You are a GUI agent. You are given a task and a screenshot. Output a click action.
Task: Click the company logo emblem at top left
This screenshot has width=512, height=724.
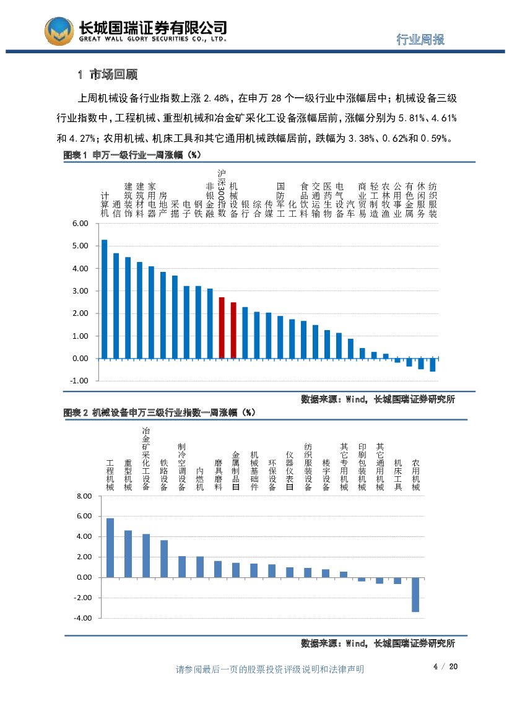click(59, 31)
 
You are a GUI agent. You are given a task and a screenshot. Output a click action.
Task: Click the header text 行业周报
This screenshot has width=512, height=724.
click(420, 40)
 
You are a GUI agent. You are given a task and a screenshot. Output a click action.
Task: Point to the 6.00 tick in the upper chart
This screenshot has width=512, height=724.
click(80, 224)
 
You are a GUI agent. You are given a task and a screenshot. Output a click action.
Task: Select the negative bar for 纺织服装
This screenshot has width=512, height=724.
click(433, 365)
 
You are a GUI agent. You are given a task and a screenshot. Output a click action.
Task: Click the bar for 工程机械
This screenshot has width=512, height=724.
click(110, 547)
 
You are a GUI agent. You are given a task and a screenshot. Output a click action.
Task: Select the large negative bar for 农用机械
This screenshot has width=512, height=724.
click(415, 595)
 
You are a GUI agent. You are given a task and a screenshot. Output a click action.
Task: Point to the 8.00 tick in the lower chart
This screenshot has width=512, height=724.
click(84, 496)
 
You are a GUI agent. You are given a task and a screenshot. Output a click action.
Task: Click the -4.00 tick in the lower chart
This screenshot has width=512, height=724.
click(82, 618)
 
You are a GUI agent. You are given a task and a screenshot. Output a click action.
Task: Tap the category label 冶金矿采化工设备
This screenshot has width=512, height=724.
click(146, 458)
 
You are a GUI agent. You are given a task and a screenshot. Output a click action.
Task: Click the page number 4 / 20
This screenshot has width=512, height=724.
click(445, 666)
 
